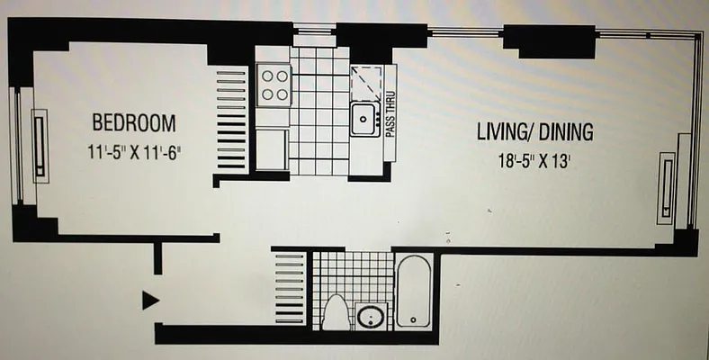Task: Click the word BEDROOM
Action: click(133, 123)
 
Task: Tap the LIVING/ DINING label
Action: click(534, 132)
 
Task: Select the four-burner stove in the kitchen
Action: click(274, 85)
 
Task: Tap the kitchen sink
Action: click(363, 118)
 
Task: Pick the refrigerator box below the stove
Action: click(272, 149)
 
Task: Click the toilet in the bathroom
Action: click(336, 311)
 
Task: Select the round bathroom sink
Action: click(370, 317)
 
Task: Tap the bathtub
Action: click(414, 292)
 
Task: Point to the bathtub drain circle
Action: click(412, 319)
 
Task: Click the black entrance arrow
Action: click(150, 300)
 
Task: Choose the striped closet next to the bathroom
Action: click(289, 287)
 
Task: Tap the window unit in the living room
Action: click(665, 187)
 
